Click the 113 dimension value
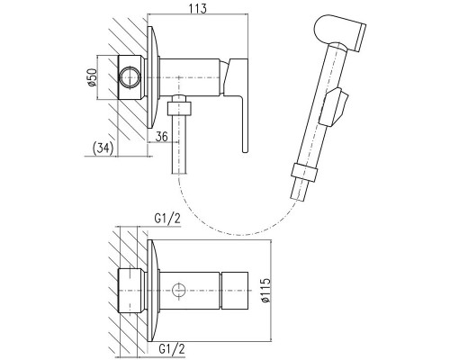(x=198, y=8)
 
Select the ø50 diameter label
(x=92, y=77)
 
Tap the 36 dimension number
(x=162, y=137)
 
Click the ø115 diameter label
(x=265, y=291)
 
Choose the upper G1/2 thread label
(x=167, y=219)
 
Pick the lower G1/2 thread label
(x=172, y=349)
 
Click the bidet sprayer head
(x=340, y=32)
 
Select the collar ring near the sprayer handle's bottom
(x=304, y=172)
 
